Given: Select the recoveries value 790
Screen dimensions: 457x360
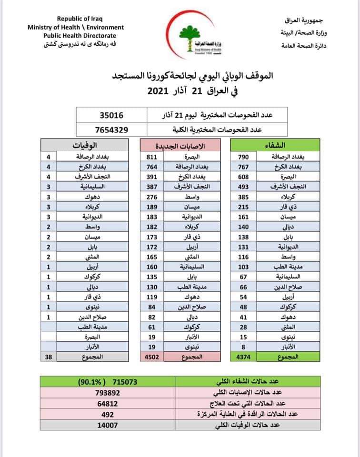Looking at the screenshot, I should tap(244, 157).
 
